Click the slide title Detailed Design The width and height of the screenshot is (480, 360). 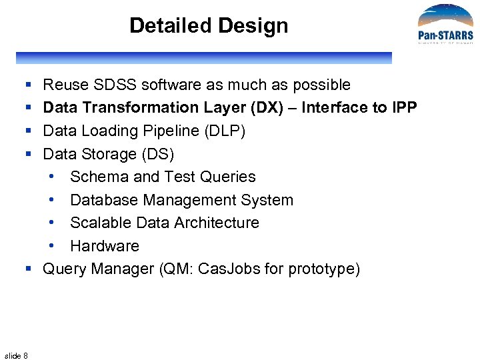[209, 26]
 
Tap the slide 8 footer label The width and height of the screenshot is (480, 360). [16, 355]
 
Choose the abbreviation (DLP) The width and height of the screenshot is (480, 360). [223, 131]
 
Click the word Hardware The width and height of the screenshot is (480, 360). [104, 246]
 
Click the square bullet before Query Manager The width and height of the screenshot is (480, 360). [29, 269]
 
